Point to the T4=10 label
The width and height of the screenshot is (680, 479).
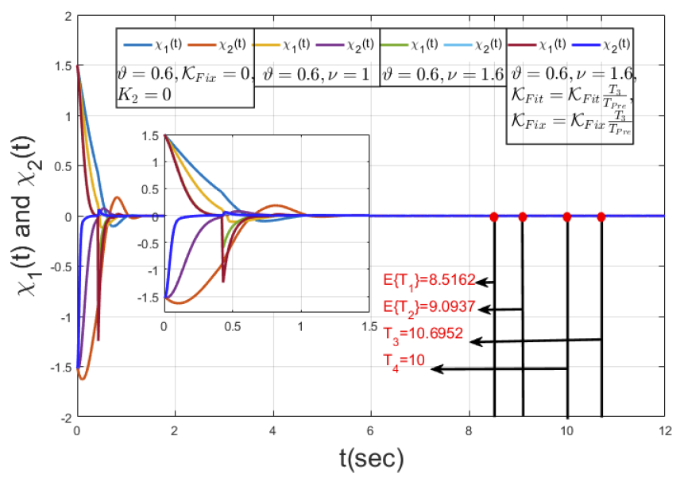tap(404, 360)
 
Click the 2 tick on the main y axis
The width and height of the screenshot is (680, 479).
tap(68, 17)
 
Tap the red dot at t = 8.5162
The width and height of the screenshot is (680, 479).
tap(493, 216)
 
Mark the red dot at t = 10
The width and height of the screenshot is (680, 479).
tap(567, 216)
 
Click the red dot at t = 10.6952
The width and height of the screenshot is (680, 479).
tap(601, 216)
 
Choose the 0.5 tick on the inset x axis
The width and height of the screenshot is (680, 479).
tap(232, 326)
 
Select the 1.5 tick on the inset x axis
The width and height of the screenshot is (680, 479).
tap(368, 326)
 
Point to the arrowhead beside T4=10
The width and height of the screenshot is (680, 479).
tap(435, 369)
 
